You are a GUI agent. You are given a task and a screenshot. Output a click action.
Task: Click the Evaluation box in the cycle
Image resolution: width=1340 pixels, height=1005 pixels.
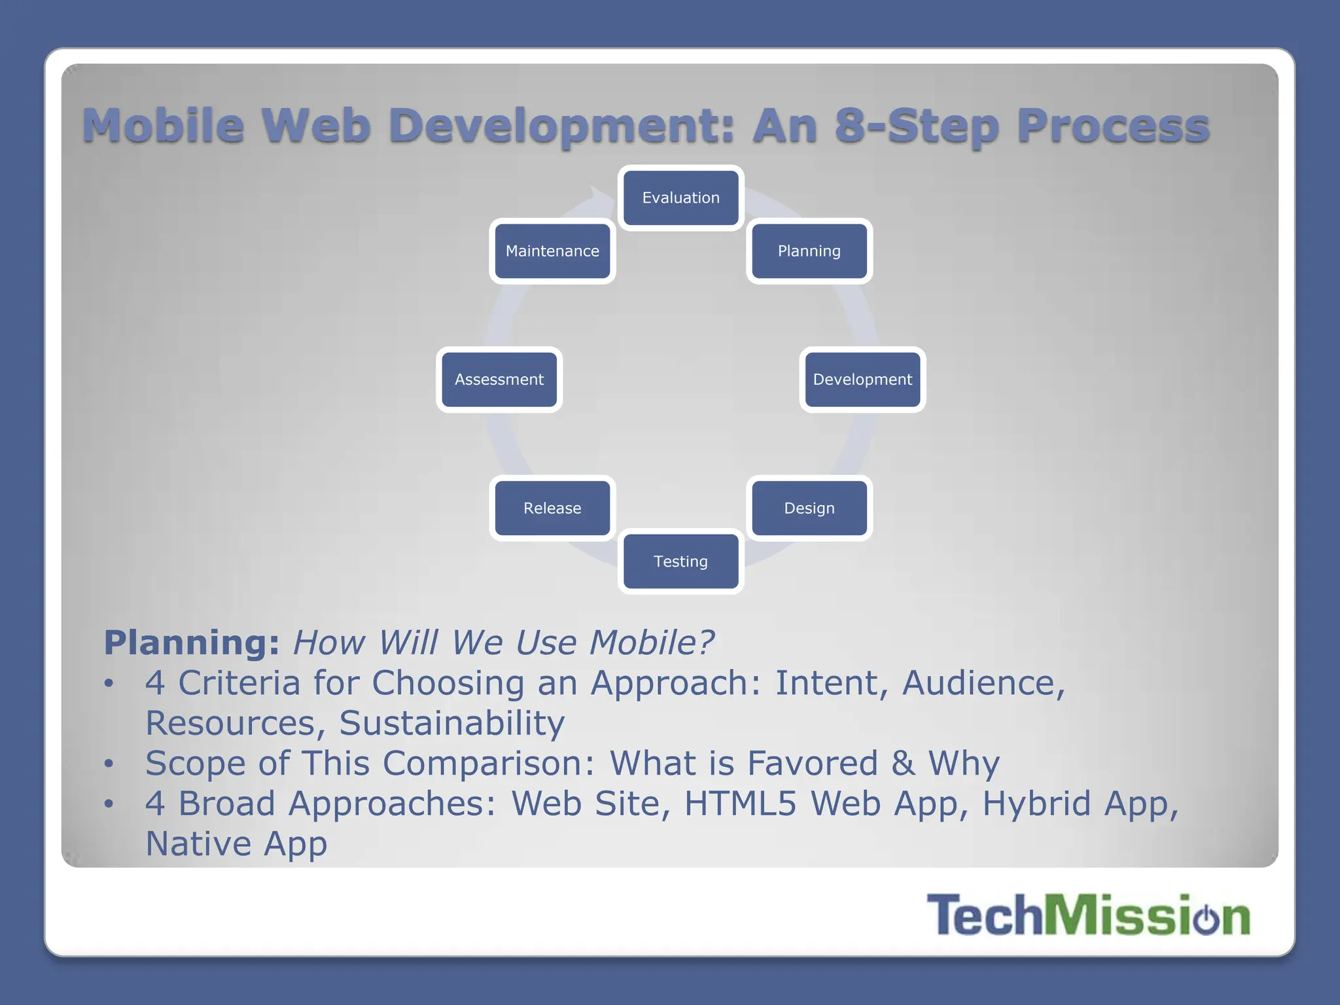coord(680,198)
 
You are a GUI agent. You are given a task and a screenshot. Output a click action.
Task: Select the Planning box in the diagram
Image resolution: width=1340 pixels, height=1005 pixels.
coord(809,251)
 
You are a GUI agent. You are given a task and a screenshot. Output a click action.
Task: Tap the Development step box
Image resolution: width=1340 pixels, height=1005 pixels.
coord(862,379)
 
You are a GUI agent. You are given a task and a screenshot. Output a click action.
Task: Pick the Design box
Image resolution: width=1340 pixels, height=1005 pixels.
coord(809,508)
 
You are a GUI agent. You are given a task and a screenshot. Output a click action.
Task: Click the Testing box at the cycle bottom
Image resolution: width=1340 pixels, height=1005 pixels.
coord(680,561)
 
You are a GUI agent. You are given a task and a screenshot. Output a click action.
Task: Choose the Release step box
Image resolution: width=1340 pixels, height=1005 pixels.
coord(552,508)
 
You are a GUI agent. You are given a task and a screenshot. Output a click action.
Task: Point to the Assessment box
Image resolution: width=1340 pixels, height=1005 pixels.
coord(499,379)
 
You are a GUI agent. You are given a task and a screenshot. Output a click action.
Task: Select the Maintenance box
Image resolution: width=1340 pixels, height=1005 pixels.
coord(552,251)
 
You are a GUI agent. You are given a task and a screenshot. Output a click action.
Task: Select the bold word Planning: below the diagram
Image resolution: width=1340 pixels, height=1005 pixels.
coord(192,643)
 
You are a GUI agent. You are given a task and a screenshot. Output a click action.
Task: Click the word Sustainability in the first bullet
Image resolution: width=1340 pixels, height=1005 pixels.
coord(451,723)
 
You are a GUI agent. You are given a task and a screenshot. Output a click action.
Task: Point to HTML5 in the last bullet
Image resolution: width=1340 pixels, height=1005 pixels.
coord(740,803)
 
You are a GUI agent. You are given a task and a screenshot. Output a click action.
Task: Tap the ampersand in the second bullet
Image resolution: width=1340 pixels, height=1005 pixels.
coord(903,764)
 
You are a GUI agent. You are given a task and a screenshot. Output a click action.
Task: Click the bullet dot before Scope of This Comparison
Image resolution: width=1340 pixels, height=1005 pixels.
coord(109,764)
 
